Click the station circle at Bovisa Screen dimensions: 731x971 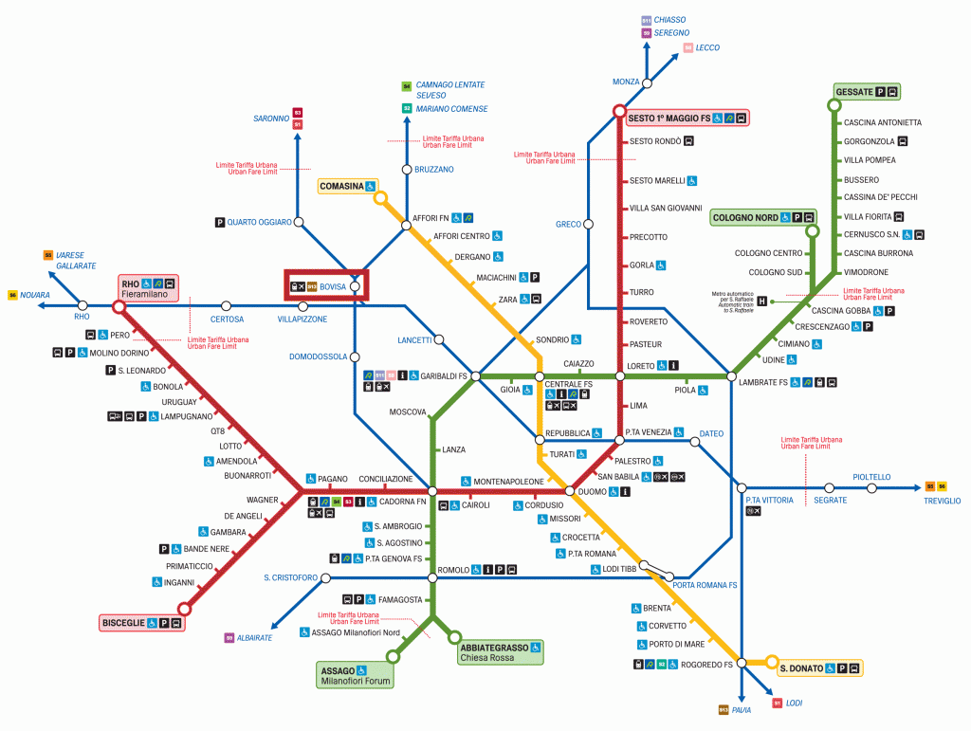click(x=355, y=285)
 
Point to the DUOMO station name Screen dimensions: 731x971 click(x=592, y=491)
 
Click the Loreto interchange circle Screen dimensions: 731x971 click(x=620, y=376)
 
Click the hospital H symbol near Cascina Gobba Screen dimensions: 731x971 click(x=761, y=301)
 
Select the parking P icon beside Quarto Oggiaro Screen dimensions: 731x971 click(x=220, y=223)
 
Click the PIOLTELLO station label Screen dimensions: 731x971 click(x=871, y=477)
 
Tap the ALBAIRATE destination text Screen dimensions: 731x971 click(x=255, y=638)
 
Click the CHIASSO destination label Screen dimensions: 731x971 click(x=669, y=20)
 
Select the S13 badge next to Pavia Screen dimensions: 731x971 click(x=724, y=709)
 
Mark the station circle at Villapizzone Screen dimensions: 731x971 click(x=303, y=306)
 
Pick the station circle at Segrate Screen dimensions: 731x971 click(x=829, y=487)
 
